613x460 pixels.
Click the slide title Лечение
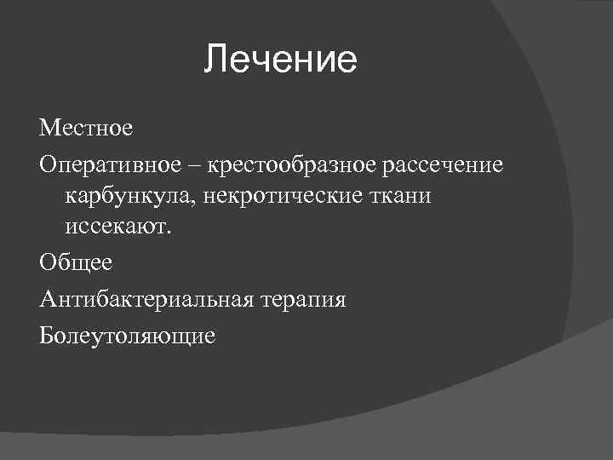pos(281,61)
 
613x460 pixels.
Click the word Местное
pos(86,129)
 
